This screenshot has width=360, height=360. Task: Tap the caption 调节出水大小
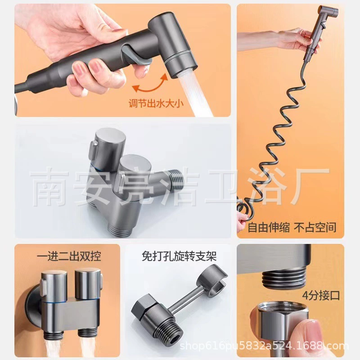156,103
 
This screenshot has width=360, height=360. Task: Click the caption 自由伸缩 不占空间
292,227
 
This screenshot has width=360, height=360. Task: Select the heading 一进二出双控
69,256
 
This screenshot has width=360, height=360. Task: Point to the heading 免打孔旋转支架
179,256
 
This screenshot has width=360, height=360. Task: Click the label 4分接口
321,295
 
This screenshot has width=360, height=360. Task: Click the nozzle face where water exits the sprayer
184,72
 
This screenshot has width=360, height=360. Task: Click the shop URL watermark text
264,346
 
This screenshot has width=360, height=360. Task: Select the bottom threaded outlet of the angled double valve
121,229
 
